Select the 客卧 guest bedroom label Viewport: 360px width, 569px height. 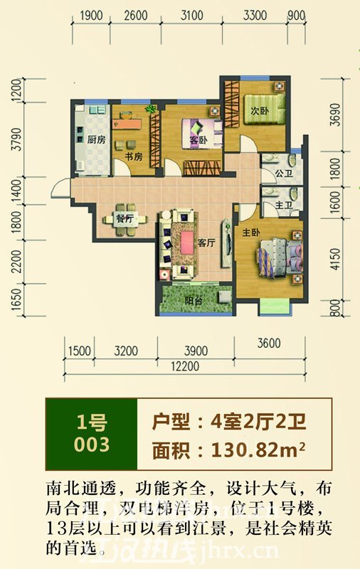click(198, 140)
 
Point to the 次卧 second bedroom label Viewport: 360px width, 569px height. click(258, 111)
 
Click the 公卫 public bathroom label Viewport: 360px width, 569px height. click(284, 174)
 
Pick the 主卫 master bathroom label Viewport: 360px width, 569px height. click(284, 205)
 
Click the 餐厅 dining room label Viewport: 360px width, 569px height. click(124, 219)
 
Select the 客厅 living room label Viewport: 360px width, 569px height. click(206, 243)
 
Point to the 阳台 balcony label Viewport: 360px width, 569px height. click(194, 299)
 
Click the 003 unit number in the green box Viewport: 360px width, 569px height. click(92, 445)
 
